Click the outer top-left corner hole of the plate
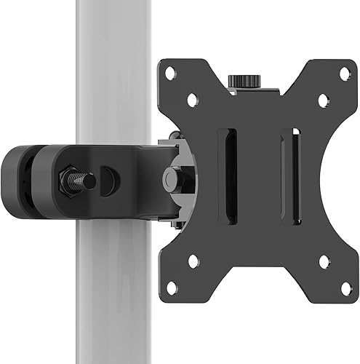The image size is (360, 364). [169, 73]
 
